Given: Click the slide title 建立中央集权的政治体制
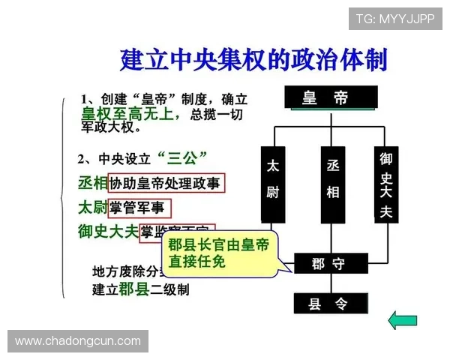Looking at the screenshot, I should coord(253,59).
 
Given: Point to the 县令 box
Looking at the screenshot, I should coord(329,303).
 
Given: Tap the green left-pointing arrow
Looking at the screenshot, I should coord(403,321).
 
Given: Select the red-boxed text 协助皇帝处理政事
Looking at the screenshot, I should coord(166,183).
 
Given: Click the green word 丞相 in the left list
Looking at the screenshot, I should coord(92,183).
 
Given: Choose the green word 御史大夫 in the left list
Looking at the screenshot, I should coord(108,231).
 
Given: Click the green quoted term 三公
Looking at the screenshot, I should coord(183,157).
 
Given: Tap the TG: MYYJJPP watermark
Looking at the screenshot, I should coord(394,18).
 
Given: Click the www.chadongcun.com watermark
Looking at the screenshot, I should coord(78,341).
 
